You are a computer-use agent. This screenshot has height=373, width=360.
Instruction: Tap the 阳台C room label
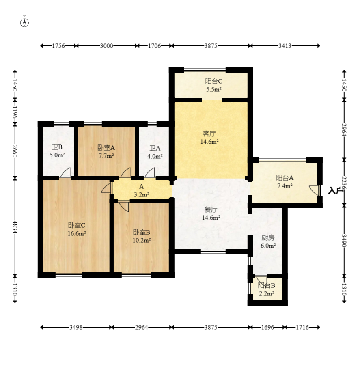213,81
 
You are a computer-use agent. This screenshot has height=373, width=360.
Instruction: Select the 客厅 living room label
209,134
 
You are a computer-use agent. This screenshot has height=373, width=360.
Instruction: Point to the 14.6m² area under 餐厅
211,218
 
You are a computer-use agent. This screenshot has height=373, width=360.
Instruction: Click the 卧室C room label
77,225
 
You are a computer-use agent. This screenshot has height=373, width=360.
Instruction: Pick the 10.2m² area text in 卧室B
142,240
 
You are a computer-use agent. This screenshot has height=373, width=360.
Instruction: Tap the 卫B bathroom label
57,147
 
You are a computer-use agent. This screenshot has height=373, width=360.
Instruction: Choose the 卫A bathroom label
155,148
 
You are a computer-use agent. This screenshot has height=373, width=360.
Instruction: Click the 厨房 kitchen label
268,238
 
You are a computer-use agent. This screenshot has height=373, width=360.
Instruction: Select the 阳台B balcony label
267,285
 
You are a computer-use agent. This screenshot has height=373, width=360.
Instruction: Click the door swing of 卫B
65,172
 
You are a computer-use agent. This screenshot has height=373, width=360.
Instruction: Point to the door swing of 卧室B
124,207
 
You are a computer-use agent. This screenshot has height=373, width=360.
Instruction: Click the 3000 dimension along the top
106,46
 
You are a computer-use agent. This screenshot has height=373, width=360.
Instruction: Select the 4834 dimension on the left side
15,227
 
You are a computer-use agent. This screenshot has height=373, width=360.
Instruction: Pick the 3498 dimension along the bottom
76,327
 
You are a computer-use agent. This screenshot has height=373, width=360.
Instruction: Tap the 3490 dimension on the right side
344,241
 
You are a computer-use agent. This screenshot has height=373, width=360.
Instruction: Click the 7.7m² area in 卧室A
106,156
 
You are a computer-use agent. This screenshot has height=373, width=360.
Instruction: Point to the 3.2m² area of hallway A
142,194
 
